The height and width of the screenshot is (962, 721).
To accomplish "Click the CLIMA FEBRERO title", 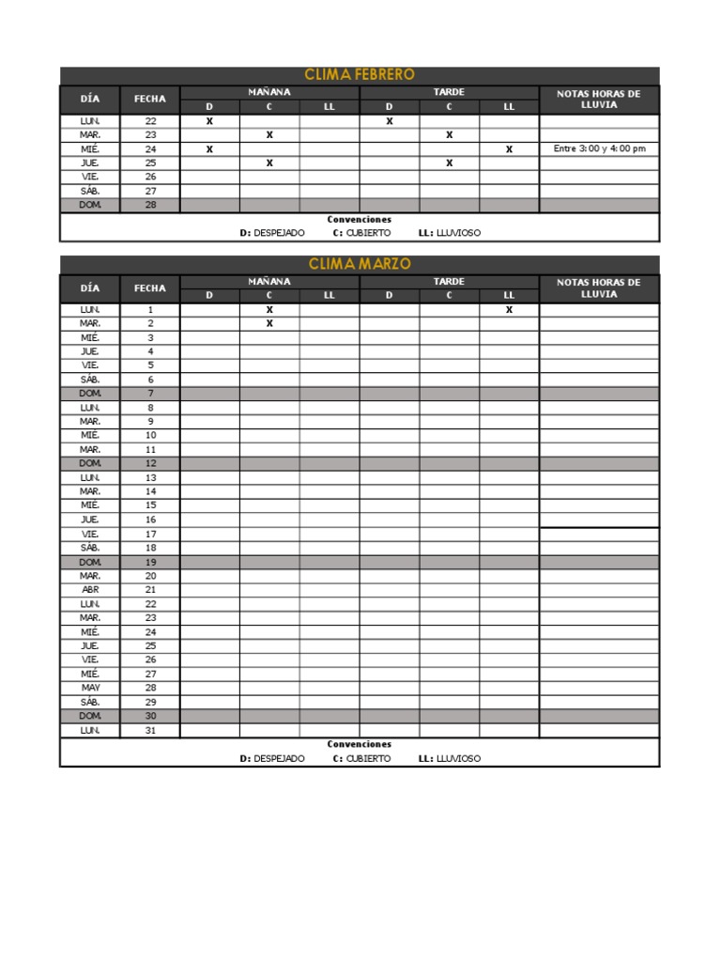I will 360,75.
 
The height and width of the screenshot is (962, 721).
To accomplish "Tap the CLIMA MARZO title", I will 360,264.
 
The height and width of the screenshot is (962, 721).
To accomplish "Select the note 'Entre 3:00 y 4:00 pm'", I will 599,148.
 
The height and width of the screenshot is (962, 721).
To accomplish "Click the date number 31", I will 150,730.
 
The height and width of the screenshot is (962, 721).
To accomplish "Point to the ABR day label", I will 90,589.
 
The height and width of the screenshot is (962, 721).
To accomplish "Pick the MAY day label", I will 90,688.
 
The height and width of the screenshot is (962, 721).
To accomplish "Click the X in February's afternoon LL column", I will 509,148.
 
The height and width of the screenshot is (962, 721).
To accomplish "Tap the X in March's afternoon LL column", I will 509,309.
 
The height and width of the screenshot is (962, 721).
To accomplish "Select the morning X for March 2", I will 269,323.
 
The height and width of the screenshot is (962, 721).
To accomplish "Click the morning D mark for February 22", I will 209,121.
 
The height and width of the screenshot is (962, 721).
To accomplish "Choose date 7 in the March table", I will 150,393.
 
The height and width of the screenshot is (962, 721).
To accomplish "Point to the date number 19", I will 150,562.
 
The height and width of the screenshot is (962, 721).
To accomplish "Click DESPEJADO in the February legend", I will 279,233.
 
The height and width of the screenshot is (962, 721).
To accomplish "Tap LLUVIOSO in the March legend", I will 459,758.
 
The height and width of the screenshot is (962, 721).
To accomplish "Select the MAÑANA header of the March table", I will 269,281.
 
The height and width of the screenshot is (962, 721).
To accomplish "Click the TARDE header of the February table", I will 449,92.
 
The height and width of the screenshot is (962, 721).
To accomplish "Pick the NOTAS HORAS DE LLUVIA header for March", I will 599,287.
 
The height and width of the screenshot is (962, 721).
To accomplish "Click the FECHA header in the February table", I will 150,99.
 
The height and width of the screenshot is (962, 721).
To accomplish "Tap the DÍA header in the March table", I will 90,287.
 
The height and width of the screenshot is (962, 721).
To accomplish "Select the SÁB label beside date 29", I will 90,702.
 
